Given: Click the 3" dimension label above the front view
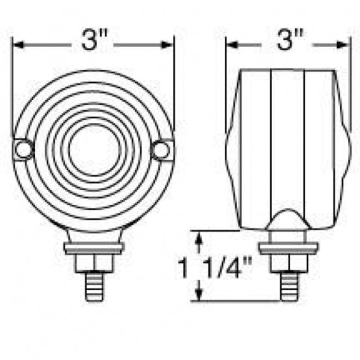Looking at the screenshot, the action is click(x=94, y=40).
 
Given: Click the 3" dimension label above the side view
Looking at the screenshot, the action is click(x=290, y=40).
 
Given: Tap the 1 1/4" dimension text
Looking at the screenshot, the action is click(x=215, y=268).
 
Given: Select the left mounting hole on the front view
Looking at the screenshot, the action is click(x=23, y=149).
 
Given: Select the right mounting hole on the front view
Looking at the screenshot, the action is click(x=162, y=150).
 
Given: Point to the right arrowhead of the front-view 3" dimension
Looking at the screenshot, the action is click(x=167, y=45).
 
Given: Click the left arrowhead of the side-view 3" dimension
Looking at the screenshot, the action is click(x=232, y=45).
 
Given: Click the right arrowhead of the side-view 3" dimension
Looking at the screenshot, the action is click(x=343, y=45).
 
